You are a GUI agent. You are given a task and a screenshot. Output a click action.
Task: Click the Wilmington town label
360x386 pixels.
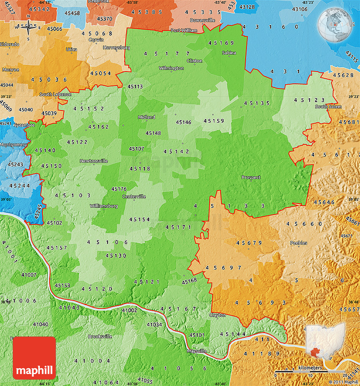(x=171, y=68)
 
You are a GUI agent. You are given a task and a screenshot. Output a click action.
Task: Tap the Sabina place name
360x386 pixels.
(x=229, y=53)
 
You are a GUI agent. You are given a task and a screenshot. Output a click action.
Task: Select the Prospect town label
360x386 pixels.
(x=251, y=177)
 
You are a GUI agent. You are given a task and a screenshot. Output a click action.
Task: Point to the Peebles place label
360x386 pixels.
(x=299, y=243)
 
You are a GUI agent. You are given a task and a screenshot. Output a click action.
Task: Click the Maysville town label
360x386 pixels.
(x=197, y=351)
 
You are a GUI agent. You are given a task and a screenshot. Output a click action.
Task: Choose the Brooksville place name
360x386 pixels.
(x=100, y=336)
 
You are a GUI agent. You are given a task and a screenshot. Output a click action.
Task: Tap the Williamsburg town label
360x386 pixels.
(x=103, y=206)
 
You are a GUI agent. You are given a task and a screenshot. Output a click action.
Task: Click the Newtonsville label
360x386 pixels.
(x=94, y=161)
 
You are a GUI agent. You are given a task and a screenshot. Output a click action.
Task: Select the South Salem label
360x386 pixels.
(x=328, y=107)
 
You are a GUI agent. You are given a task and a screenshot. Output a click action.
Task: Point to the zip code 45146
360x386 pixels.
(x=183, y=122)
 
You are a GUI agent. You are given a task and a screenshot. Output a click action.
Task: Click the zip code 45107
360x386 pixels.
(x=136, y=149)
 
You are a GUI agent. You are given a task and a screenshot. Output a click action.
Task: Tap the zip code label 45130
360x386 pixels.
(x=116, y=255)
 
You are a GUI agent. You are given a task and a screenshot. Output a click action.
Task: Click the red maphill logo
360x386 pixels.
(x=35, y=358)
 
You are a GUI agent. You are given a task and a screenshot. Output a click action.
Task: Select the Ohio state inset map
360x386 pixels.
(x=325, y=342)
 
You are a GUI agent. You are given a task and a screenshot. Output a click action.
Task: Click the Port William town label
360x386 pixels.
(x=184, y=30)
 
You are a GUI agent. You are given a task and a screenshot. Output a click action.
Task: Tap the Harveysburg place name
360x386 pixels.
(x=116, y=47)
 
